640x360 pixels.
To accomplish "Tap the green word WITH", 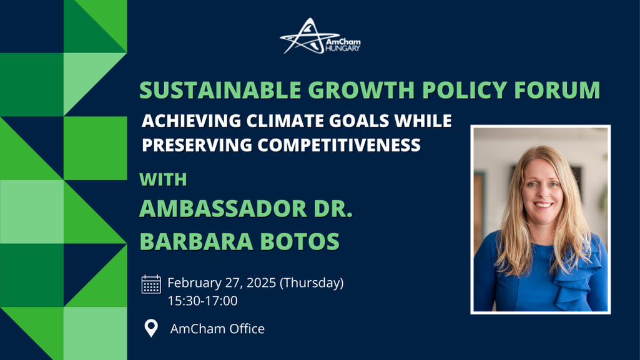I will tap(163, 180).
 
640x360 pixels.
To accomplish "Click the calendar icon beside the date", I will tap(151, 284).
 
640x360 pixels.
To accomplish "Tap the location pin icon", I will tap(151, 328).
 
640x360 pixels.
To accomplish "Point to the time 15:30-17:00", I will tap(202, 301).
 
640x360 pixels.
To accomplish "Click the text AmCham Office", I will tap(217, 328).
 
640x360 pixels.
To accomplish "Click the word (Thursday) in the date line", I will tap(312, 283).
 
